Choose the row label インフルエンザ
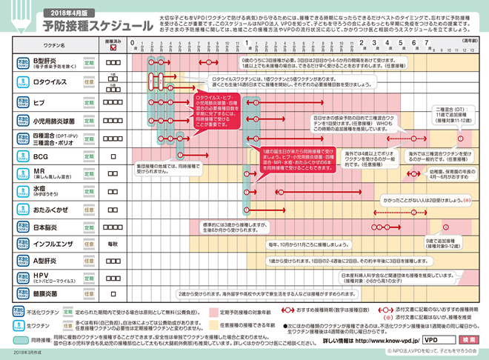pos(54,244)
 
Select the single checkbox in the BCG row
pos(113,157)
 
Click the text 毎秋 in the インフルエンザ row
pos(113,244)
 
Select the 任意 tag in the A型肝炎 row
pos(88,261)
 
